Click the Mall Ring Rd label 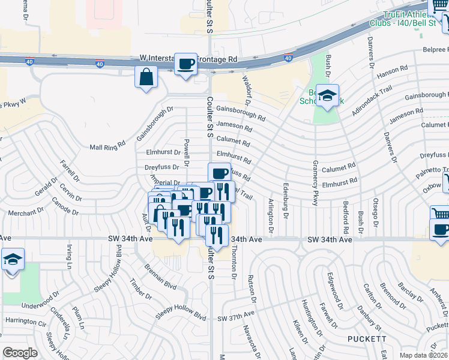click(x=107, y=145)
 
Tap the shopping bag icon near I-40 click(x=146, y=77)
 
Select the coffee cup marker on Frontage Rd click(x=186, y=64)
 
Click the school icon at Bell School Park click(x=328, y=96)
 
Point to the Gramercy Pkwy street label click(x=315, y=183)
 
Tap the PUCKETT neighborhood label click(x=367, y=339)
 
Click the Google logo click(x=20, y=353)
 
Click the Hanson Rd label click(x=392, y=75)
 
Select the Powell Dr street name click(x=187, y=153)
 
